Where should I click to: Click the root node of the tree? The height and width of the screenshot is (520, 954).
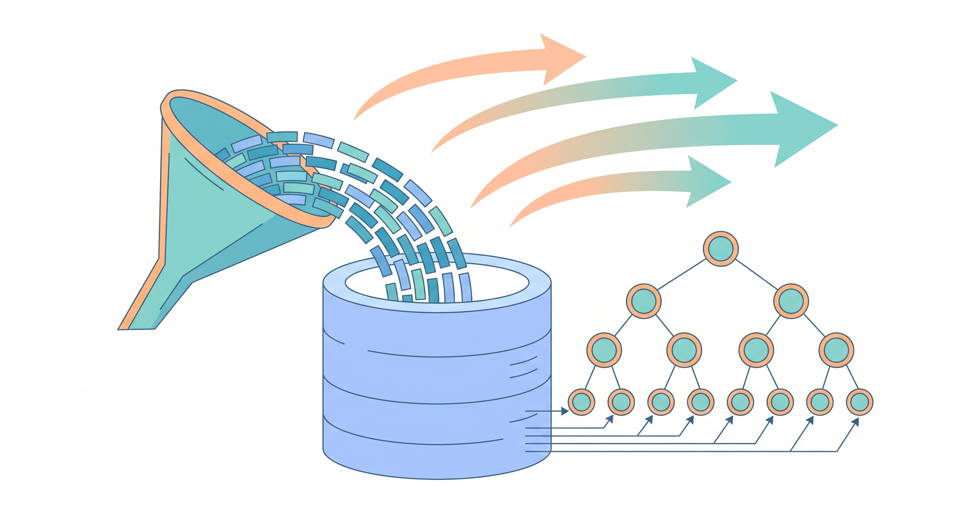[x=720, y=249]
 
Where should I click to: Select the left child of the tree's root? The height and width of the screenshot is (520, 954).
[x=644, y=301]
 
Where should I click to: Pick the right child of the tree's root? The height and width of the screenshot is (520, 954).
[x=791, y=301]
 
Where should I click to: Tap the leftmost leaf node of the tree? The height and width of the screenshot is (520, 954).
[x=581, y=402]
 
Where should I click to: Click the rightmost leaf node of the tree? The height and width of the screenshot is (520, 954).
[x=859, y=402]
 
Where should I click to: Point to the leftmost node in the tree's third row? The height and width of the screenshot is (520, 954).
[x=604, y=350]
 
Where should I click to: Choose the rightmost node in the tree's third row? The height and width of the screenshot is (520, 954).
[x=836, y=350]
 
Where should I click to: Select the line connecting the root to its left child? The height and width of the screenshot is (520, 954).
[x=681, y=274]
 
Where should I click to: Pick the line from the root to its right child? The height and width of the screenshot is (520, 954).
[x=756, y=274]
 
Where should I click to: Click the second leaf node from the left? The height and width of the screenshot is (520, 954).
[x=621, y=402]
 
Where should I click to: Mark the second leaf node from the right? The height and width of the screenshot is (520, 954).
[x=820, y=402]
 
